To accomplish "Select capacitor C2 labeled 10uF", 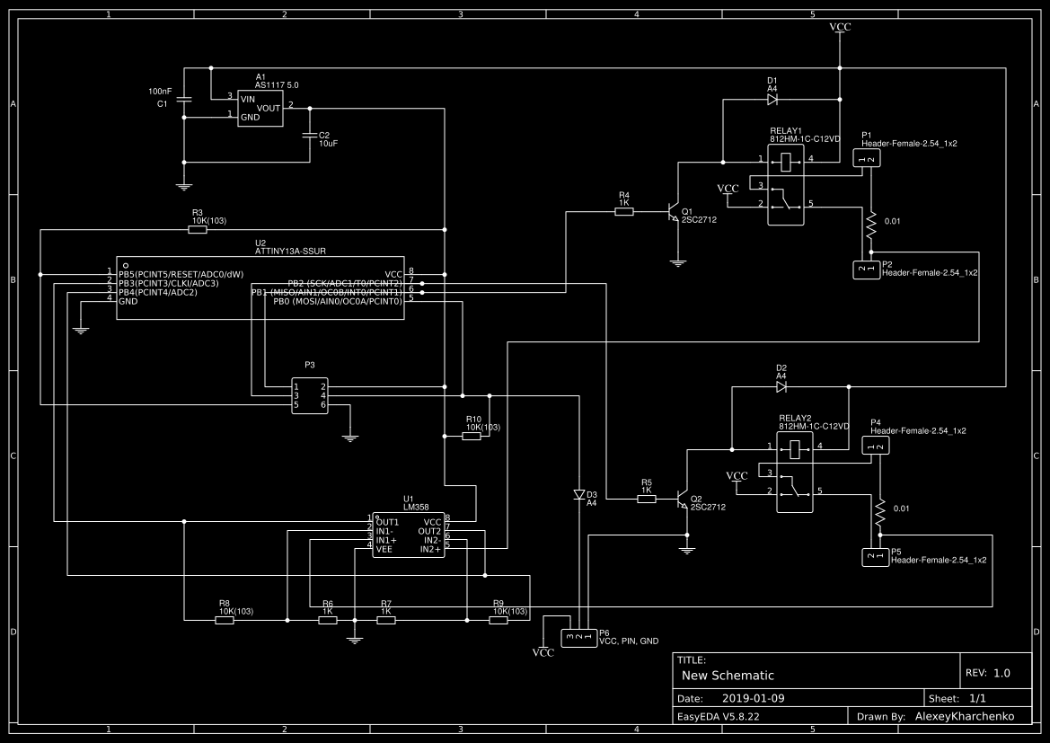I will click(310, 136).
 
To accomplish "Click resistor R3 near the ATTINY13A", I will click(198, 230).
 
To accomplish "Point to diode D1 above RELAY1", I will click(772, 100).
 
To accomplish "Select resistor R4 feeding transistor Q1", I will click(624, 212).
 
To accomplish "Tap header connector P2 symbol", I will click(866, 269).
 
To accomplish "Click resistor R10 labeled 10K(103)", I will click(472, 436).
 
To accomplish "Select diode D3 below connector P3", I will click(579, 495).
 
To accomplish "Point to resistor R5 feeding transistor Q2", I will click(646, 500).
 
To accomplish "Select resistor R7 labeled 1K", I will click(386, 619).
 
